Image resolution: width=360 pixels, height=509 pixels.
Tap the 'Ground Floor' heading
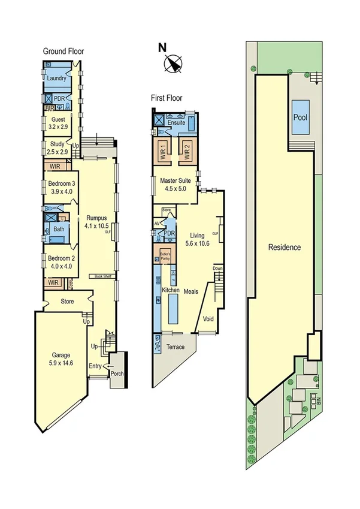[x=63, y=52]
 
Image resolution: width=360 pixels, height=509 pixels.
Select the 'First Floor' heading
[x=167, y=98]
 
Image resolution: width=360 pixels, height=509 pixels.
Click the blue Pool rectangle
[x=300, y=117]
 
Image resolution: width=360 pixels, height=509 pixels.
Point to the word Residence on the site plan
[x=284, y=247]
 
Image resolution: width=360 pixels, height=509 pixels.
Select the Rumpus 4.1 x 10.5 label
[x=97, y=222]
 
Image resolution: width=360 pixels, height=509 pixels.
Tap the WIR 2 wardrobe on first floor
[x=186, y=152]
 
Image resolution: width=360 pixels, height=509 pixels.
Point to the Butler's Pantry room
[x=164, y=255]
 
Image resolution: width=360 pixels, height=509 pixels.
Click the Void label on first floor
[x=209, y=318]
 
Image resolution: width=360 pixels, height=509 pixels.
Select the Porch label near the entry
[x=117, y=374]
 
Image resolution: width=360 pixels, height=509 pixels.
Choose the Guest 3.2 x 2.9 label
[x=58, y=123]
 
